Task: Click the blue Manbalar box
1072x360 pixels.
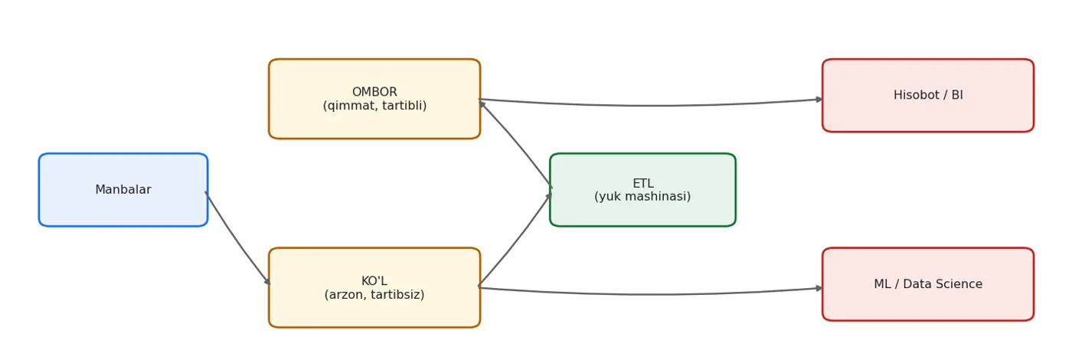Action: tap(123, 190)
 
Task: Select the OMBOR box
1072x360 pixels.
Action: tap(374, 99)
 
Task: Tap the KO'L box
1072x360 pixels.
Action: tap(374, 287)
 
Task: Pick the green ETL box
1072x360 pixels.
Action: tap(642, 190)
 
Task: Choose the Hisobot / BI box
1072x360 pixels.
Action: tap(928, 95)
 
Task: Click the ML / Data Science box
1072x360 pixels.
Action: tap(928, 284)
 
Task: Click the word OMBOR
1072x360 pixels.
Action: tap(374, 92)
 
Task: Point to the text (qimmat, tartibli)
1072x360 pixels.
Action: tap(374, 106)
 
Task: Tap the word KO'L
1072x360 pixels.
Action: tap(374, 280)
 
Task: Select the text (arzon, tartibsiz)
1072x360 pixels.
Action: tap(374, 294)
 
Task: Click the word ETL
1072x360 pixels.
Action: tap(642, 183)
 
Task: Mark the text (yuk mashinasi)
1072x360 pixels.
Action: tap(642, 196)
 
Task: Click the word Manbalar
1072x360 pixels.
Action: tap(123, 190)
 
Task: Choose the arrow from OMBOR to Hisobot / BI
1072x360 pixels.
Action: tap(651, 106)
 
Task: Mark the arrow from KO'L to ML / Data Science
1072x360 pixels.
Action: tap(651, 294)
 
